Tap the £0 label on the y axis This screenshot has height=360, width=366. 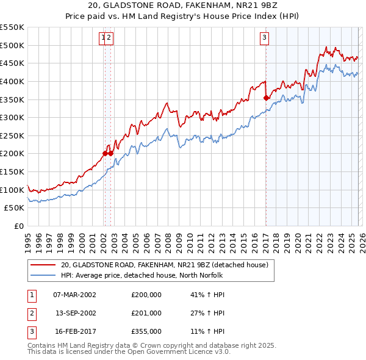pyautogui.click(x=18, y=226)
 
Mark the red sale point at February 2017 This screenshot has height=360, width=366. pyautogui.click(x=266, y=97)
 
